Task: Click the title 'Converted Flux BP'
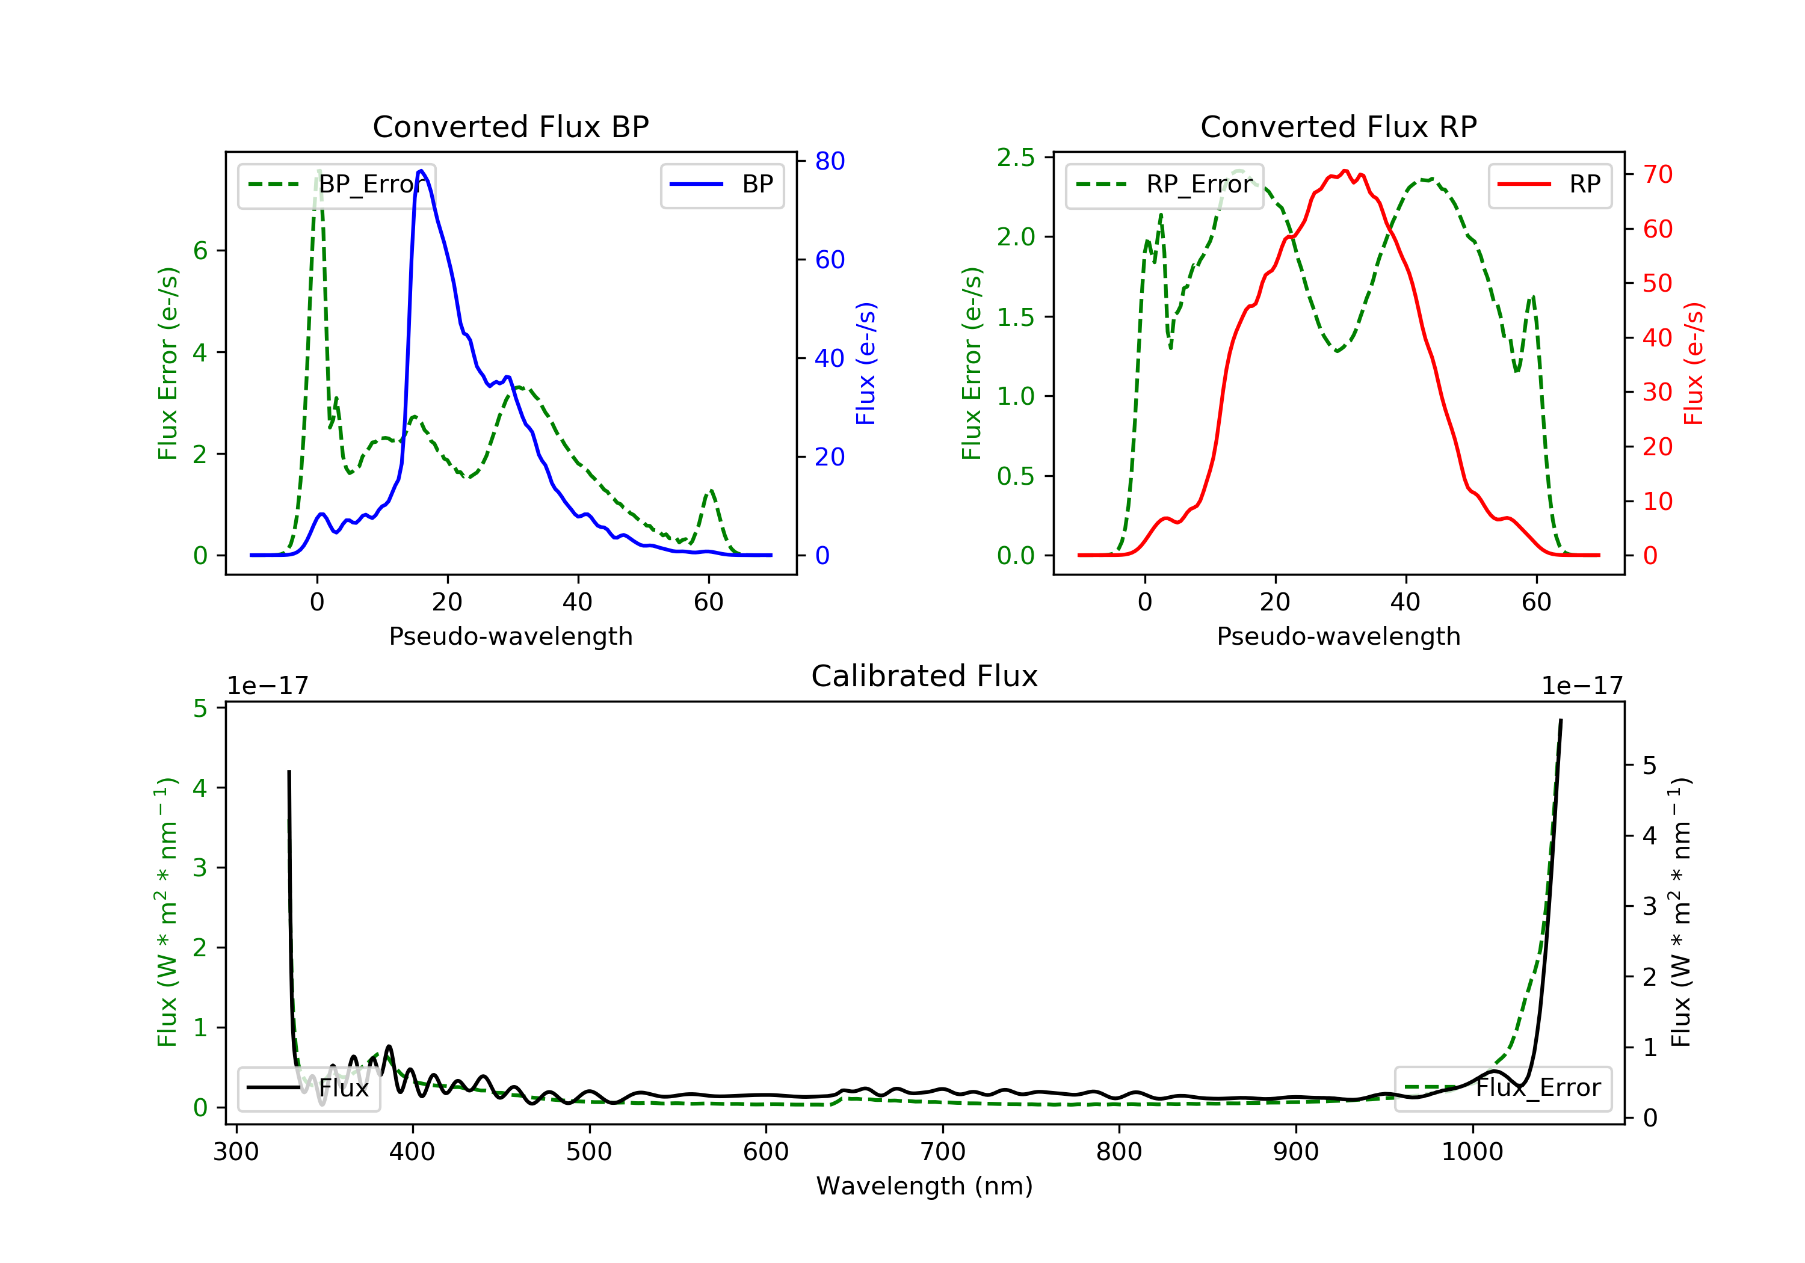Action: tap(510, 126)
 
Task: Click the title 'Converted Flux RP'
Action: tap(1338, 126)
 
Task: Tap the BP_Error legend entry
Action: tap(336, 185)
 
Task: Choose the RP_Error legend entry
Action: tap(1164, 185)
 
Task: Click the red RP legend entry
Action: tap(1549, 185)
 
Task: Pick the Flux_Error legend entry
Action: tap(1502, 1088)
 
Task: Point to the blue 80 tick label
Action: tap(829, 161)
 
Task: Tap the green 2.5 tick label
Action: tap(1016, 158)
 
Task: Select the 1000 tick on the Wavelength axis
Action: tap(1472, 1152)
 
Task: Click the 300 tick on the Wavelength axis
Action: tap(236, 1152)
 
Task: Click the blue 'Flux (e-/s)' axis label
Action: tap(866, 364)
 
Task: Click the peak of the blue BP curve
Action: tap(421, 171)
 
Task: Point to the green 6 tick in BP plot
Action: tap(200, 251)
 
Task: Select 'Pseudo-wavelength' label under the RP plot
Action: tap(1338, 636)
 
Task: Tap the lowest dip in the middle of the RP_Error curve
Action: tap(1336, 351)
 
